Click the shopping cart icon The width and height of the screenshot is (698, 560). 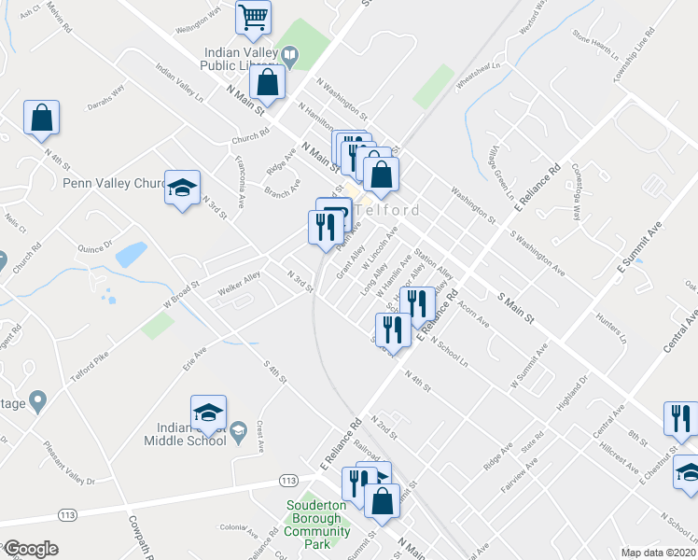[x=253, y=16]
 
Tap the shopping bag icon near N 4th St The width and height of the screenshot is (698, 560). [x=41, y=118]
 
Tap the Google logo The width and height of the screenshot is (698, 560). [x=30, y=549]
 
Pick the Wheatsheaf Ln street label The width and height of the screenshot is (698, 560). [x=478, y=73]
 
